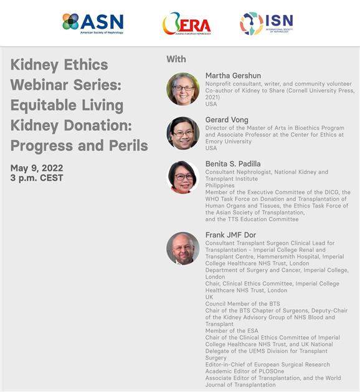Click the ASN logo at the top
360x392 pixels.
pyautogui.click(x=93, y=23)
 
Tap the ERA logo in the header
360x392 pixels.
pyautogui.click(x=187, y=24)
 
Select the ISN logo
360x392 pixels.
pyautogui.click(x=267, y=23)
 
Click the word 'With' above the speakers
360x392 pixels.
pyautogui.click(x=176, y=59)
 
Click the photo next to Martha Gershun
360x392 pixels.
pyautogui.click(x=183, y=88)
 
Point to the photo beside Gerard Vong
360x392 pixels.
pyautogui.click(x=183, y=133)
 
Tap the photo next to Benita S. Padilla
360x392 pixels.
pyautogui.click(x=183, y=177)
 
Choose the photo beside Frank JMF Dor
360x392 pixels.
pyautogui.click(x=183, y=248)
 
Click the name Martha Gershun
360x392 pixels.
pyautogui.click(x=233, y=75)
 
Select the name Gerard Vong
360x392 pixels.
pyautogui.click(x=227, y=120)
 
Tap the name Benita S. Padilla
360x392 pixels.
pyautogui.click(x=233, y=164)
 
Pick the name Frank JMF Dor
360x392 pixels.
pyautogui.click(x=230, y=235)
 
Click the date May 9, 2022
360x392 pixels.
pyautogui.click(x=37, y=168)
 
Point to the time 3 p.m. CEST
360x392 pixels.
pyautogui.click(x=37, y=178)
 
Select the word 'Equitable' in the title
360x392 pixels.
pyautogui.click(x=43, y=105)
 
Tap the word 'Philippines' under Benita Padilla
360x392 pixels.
pyautogui.click(x=220, y=186)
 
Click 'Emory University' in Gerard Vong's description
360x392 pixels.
pyautogui.click(x=229, y=141)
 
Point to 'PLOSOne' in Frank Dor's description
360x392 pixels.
pyautogui.click(x=272, y=371)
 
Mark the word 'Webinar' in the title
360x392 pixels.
pyautogui.click(x=39, y=85)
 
